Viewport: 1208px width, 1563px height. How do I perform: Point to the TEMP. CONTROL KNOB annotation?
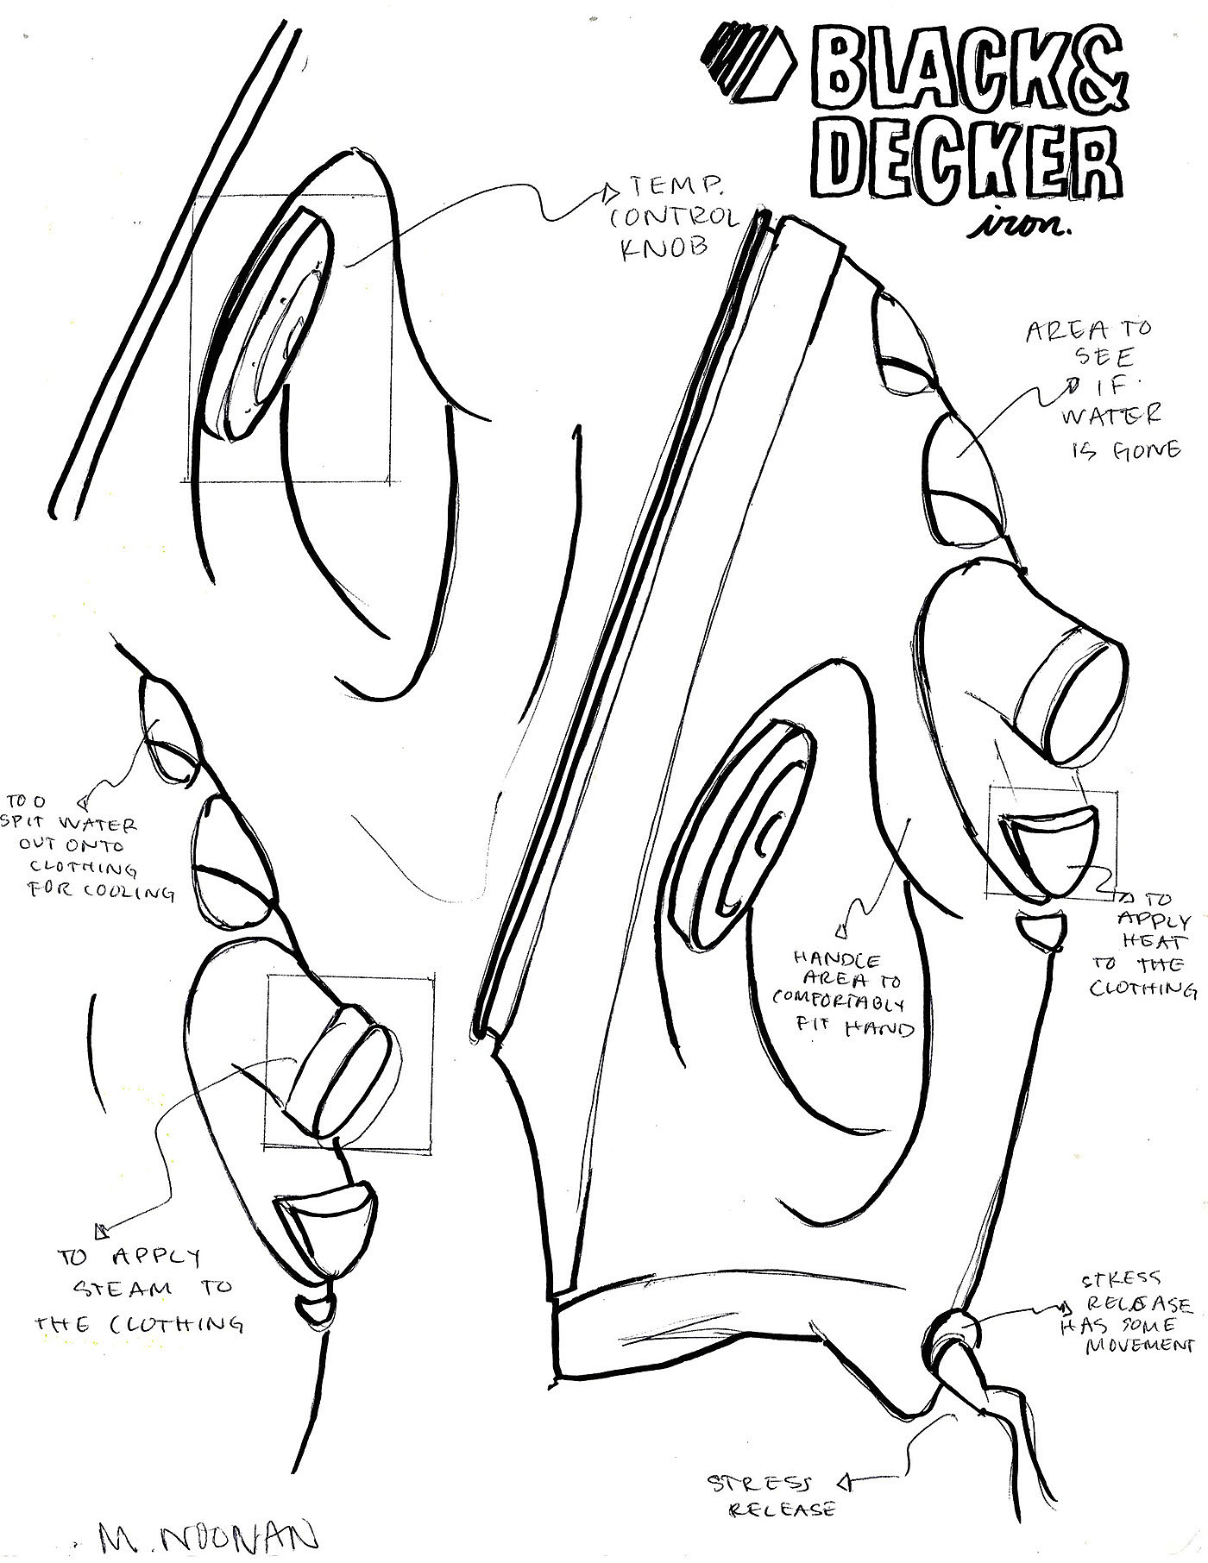coord(674,216)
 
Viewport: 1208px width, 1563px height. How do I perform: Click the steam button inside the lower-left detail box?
coord(345,1074)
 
